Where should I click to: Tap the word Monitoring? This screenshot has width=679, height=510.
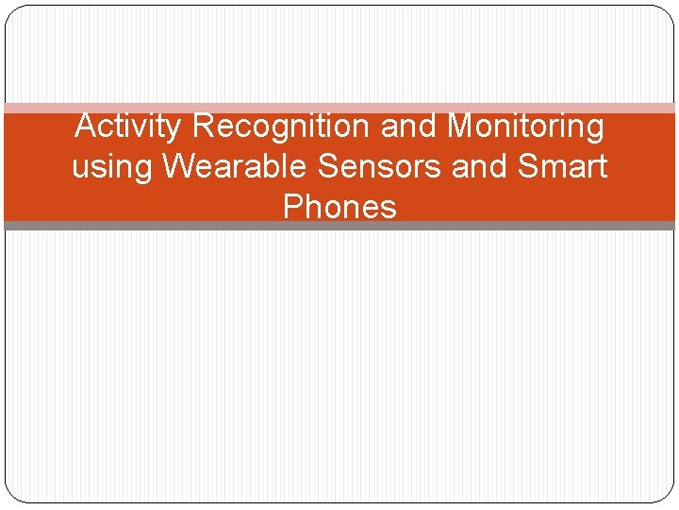(525, 126)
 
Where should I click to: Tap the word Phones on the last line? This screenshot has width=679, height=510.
(339, 206)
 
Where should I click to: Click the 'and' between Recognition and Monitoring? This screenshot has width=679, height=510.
(411, 126)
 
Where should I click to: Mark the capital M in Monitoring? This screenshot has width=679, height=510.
(461, 126)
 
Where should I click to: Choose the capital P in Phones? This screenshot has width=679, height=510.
(293, 206)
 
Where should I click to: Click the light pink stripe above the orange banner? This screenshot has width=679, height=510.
(339, 108)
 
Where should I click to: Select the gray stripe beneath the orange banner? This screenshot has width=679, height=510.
(339, 226)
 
